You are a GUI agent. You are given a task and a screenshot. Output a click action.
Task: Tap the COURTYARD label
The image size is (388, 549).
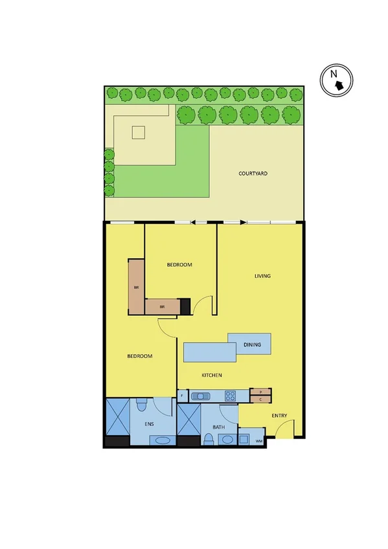click(253, 174)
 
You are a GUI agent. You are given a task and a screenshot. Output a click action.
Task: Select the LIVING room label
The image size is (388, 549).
click(262, 276)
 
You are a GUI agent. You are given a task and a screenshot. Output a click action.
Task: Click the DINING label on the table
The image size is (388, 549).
click(252, 344)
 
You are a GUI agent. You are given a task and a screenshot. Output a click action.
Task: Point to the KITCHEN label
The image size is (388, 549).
click(212, 375)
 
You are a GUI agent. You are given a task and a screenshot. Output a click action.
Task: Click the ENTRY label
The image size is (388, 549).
click(279, 416)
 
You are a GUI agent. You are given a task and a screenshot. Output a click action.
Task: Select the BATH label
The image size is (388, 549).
click(218, 427)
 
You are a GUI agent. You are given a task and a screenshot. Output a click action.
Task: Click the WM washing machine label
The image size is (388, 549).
click(259, 441)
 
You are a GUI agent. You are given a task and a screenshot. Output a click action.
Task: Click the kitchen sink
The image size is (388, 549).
click(201, 396)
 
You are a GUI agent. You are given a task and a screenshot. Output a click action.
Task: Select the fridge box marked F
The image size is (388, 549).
click(182, 396)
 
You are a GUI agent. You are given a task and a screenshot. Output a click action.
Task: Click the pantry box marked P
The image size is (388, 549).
click(260, 392)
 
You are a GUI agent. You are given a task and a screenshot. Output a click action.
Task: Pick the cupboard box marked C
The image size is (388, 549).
click(260, 399)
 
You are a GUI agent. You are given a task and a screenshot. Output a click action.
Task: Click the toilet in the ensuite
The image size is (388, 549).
click(142, 405)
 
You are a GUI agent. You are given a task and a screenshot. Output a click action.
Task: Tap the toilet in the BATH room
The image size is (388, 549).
click(208, 440)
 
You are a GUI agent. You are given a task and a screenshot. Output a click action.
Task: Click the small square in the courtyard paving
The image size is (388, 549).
click(138, 132)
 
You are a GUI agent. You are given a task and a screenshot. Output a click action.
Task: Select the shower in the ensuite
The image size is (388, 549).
click(117, 418)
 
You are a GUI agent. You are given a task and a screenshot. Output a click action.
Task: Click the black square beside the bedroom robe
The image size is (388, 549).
click(185, 306)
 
